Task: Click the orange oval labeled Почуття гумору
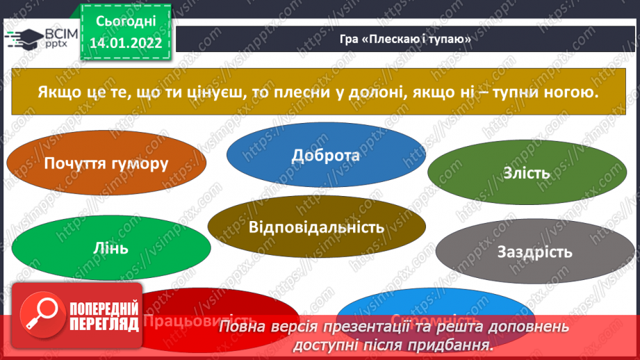pos(106,164)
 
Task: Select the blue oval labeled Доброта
pos(326,155)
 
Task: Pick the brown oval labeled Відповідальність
pos(316,227)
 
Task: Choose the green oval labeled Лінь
pos(110,247)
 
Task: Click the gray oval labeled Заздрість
pos(534,252)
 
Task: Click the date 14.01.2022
pos(125,42)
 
